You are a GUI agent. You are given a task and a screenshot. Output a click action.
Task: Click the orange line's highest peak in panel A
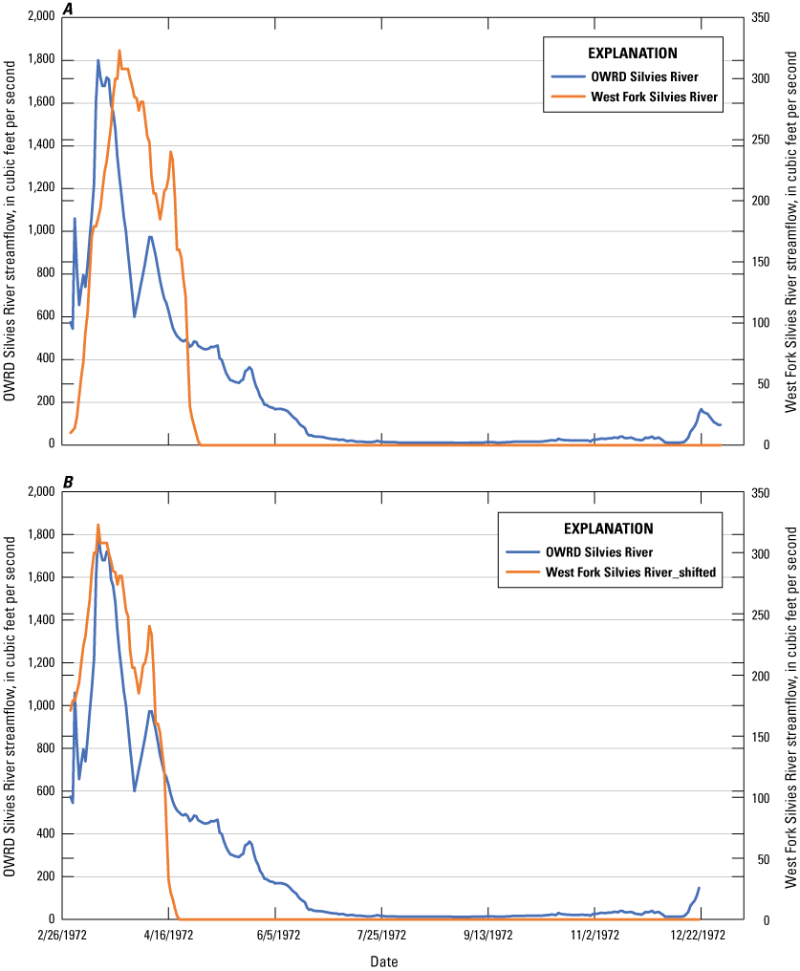click(119, 51)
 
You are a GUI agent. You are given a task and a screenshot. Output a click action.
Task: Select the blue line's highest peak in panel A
click(98, 60)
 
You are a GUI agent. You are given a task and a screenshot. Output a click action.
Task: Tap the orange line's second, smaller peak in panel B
click(149, 627)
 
